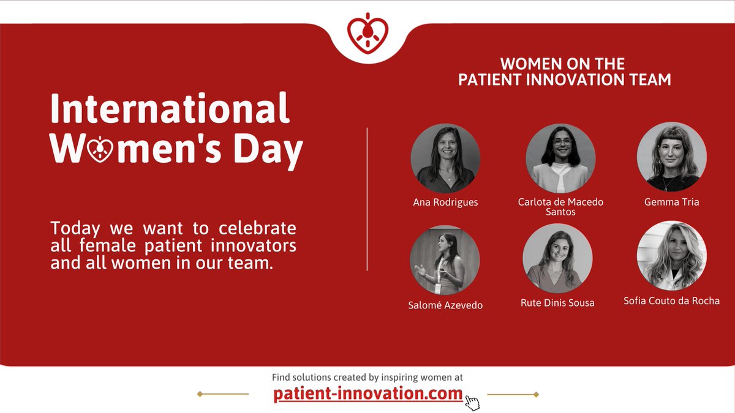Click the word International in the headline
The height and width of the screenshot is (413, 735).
170,109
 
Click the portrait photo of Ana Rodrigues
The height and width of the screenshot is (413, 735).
445,158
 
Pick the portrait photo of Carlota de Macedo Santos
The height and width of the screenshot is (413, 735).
560,158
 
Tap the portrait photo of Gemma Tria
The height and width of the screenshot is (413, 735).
671,157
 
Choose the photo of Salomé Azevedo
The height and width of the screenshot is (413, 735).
445,260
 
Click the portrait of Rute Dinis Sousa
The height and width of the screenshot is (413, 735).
557,258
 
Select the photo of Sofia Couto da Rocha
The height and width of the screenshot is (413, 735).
671,256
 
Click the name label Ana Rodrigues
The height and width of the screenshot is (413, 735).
445,203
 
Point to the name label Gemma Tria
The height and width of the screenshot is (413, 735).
671,201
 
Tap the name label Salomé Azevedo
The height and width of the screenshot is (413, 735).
445,305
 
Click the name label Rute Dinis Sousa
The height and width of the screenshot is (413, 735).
557,303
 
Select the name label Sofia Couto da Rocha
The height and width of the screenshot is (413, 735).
671,300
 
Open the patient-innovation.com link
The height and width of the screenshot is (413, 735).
368,395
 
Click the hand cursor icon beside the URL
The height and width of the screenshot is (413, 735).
472,402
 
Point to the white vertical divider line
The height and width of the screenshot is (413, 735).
367,199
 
